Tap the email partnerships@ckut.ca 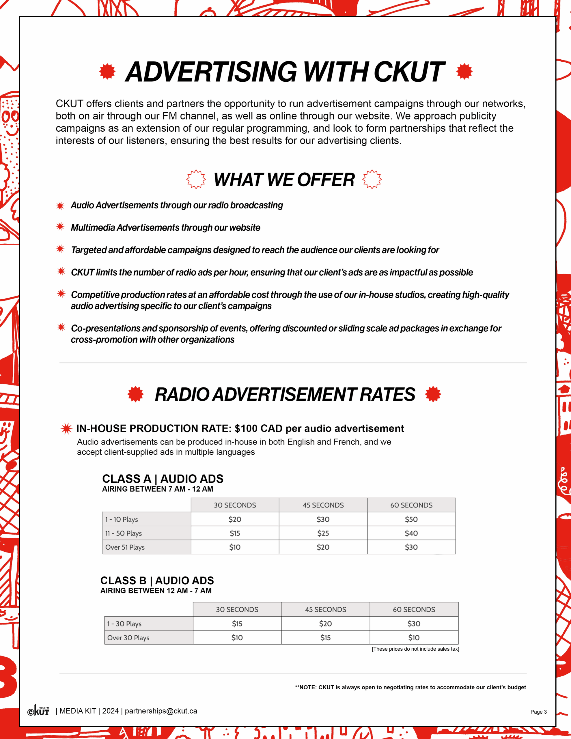point(161,711)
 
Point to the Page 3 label point(538,712)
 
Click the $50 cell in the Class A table point(411,519)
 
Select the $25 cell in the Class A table point(323,533)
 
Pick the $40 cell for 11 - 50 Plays point(411,533)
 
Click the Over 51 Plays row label point(125,547)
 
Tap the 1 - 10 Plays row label point(122,519)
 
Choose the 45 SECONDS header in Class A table point(323,505)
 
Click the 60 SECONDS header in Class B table point(414,609)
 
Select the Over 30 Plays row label point(128,637)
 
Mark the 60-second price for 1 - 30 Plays point(414,624)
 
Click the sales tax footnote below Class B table point(415,649)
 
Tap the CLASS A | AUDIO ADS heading point(163,479)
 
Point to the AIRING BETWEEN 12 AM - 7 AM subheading point(156,591)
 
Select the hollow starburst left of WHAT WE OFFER point(196,179)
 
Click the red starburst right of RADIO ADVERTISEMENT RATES point(433,394)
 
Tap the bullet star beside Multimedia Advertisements point(60,227)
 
